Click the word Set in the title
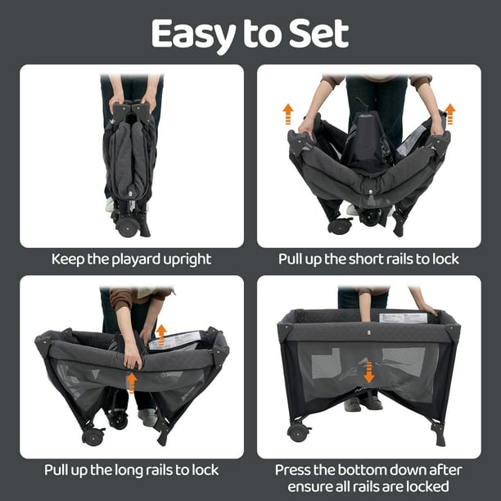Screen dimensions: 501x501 [x=318, y=34]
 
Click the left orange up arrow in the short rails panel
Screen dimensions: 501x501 [x=288, y=114]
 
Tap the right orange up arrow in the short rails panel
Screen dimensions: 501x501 [x=450, y=114]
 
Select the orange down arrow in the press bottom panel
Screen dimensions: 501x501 [x=369, y=372]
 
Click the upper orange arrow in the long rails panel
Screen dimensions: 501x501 [x=161, y=335]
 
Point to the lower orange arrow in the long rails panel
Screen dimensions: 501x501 [x=132, y=382]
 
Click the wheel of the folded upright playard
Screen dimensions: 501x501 [x=127, y=227]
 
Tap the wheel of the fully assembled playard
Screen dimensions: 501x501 [x=298, y=432]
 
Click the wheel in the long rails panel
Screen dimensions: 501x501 [x=93, y=436]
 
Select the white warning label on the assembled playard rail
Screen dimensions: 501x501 [x=404, y=318]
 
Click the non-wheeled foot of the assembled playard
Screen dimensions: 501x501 [x=438, y=435]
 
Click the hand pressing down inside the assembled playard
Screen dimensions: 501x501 [x=365, y=312]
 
